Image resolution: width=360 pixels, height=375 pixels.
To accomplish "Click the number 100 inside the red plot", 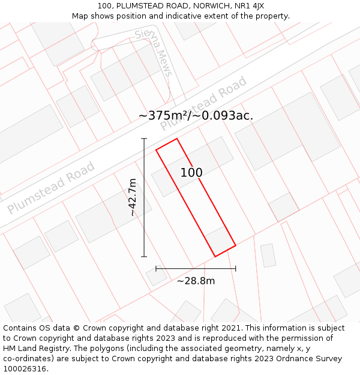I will coord(191,173).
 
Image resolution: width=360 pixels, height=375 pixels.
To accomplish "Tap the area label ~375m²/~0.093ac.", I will coord(196,115).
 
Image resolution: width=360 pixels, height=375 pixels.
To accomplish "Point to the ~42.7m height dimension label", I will coord(133,197).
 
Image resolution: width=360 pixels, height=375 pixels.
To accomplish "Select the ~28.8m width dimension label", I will coord(196,280).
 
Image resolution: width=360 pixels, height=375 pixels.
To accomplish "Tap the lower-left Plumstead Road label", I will coord(51,188).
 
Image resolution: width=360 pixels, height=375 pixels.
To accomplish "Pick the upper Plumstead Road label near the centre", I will coord(203,103).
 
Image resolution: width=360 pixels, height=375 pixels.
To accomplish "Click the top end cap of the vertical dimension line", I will coord(144,139).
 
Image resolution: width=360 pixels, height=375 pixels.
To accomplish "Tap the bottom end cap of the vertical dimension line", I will coord(144,257).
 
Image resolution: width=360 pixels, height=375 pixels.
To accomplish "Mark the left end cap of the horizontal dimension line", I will coord(156,268).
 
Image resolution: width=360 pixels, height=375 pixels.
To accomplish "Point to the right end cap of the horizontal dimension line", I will coord(235,268).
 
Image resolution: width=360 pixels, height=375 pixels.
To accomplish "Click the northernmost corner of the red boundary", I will coord(177,139).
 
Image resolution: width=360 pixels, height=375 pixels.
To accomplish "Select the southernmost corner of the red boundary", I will coord(215,257).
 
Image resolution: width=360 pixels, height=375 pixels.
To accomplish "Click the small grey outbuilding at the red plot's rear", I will coord(220,240).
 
